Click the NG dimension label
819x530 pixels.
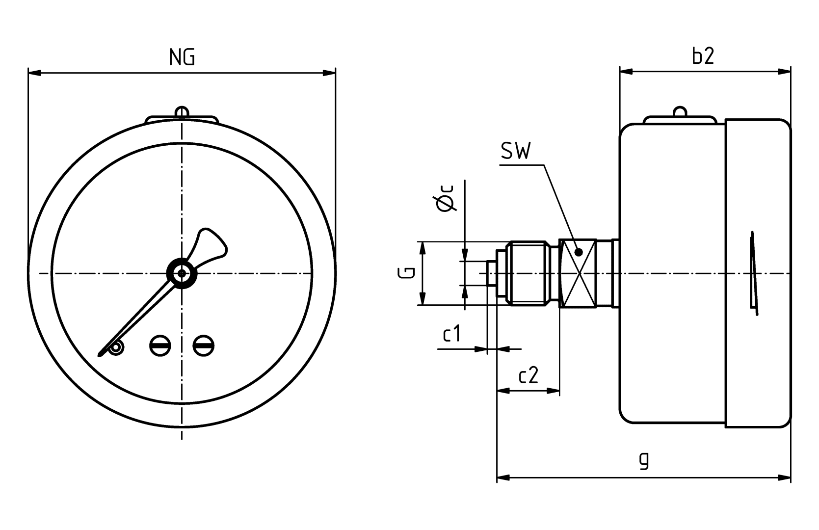pyautogui.click(x=182, y=58)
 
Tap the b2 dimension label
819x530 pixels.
pyautogui.click(x=703, y=56)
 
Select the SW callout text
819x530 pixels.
pyautogui.click(x=515, y=152)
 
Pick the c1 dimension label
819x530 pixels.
pyautogui.click(x=452, y=334)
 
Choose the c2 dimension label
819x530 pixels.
pyautogui.click(x=528, y=376)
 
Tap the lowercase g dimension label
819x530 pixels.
pyautogui.click(x=644, y=460)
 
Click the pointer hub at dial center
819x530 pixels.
pyautogui.click(x=182, y=273)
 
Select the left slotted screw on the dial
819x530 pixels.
pyautogui.click(x=160, y=345)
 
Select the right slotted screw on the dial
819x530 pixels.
pyautogui.click(x=203, y=345)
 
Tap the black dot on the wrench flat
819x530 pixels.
pyautogui.click(x=579, y=252)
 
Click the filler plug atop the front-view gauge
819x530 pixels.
pyautogui.click(x=182, y=112)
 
